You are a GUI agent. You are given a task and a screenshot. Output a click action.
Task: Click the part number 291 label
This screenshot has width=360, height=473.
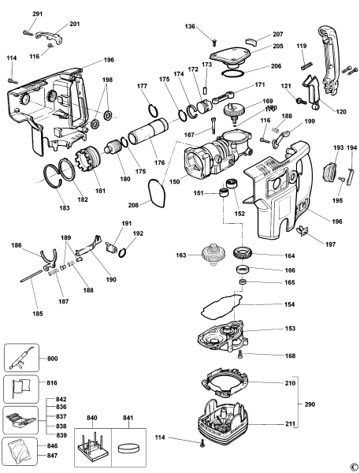click(x=38, y=15)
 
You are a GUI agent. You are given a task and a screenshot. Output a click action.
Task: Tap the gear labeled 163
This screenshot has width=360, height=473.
click(x=209, y=256)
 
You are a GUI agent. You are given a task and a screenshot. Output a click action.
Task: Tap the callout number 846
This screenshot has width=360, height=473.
click(x=51, y=446)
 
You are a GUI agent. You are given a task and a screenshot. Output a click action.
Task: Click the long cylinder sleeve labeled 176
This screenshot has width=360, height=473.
click(x=147, y=129)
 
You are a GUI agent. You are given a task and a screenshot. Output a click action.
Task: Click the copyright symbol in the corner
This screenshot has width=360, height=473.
click(x=353, y=467)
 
